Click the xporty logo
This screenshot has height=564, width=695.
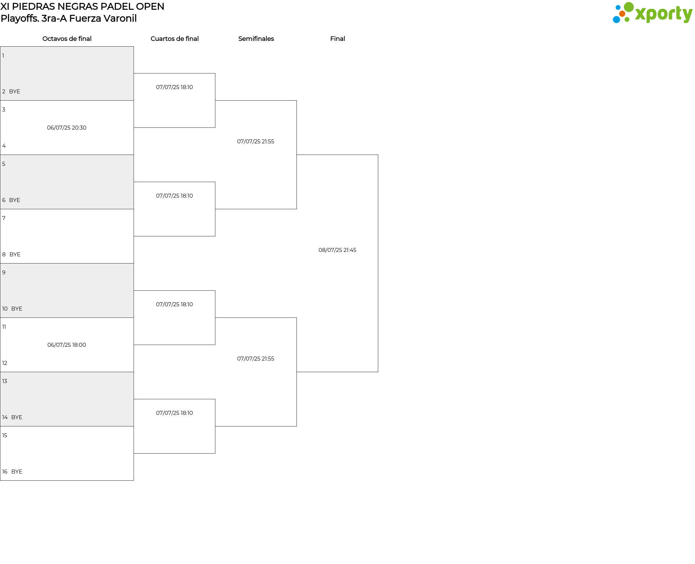coord(652,13)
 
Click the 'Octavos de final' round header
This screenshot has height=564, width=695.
coord(67,39)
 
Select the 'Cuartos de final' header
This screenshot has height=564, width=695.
coord(174,39)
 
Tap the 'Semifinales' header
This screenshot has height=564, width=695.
coord(256,39)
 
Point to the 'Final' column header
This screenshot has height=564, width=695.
coord(337,39)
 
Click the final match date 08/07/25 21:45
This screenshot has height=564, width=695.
coord(337,250)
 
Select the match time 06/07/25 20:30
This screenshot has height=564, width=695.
coord(67,128)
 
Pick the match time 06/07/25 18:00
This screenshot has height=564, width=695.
coord(67,345)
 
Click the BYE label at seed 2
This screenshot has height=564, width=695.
coord(14,92)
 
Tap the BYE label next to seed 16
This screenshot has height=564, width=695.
coord(17,472)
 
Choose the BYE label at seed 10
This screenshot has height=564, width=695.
coord(17,309)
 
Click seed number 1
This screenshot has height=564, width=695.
coord(3,56)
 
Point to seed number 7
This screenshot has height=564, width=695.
coord(4,218)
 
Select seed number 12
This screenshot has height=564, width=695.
coord(5,363)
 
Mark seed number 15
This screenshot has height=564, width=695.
coord(5,435)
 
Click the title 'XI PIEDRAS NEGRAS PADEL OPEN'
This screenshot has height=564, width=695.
coord(83,7)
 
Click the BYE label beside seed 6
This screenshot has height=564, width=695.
coord(14,200)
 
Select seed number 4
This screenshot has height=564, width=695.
coord(4,146)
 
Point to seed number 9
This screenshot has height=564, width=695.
coord(4,273)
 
